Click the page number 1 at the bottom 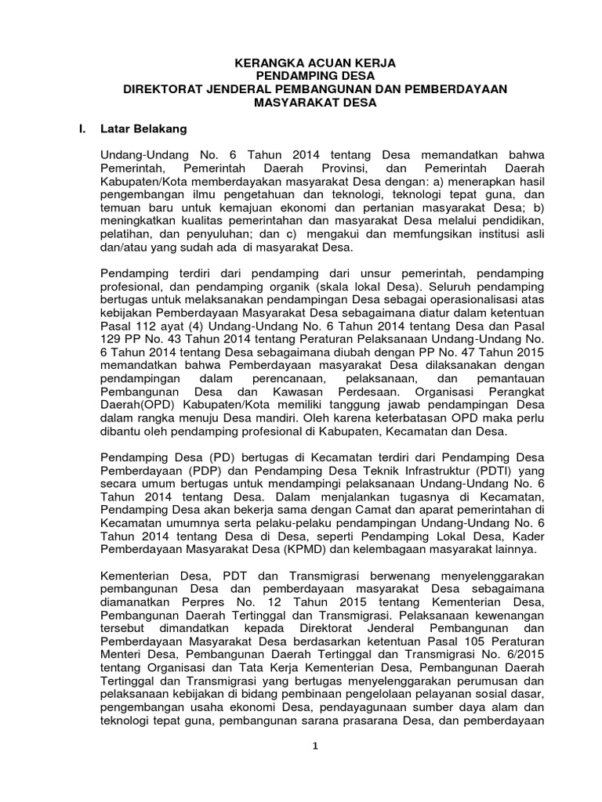(315, 746)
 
